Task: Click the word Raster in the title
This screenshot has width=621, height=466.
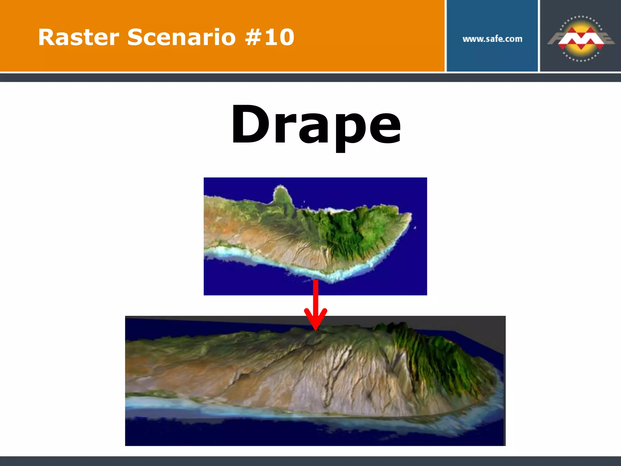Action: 79,37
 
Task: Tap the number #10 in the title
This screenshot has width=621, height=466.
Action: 270,37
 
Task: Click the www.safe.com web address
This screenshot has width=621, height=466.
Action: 492,39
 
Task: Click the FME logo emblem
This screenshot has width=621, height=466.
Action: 581,39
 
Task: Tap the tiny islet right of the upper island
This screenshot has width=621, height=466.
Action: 415,228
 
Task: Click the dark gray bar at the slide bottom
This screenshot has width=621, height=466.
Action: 310,461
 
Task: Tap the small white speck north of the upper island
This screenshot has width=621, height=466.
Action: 304,201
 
